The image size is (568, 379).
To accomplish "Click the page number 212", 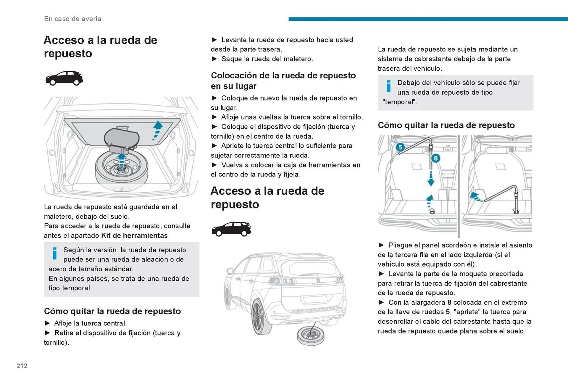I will coord(22,366).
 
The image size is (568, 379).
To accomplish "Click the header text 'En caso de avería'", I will coord(72,19).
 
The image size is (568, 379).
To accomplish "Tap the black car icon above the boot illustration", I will coord(64,78).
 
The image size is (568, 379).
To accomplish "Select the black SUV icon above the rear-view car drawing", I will coord(231,229).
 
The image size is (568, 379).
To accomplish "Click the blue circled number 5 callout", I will coord(400,147).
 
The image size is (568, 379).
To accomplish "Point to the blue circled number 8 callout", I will coord(435,158).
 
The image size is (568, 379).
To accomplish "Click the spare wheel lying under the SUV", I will coord(310,336).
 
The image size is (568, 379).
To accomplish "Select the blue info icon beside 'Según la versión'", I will coord(55,254).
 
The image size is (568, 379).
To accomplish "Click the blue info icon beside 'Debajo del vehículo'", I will coord(388,86).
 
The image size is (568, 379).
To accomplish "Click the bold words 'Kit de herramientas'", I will coord(134,236).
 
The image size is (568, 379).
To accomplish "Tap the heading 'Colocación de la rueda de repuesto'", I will coord(283,76).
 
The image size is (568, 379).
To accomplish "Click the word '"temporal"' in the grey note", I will coord(400,102).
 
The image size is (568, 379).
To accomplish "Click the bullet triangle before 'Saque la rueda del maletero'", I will coord(214,59).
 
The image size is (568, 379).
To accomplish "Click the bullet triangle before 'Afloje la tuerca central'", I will coord(47,323).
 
